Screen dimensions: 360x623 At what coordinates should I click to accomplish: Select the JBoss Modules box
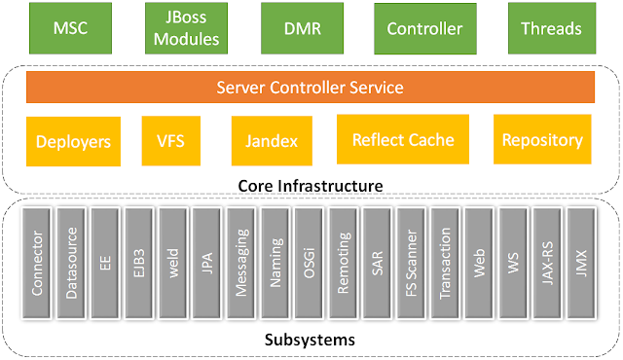[x=183, y=29]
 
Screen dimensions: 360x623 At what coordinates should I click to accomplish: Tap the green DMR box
[x=302, y=29]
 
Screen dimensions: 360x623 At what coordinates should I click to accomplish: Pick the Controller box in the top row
[x=424, y=29]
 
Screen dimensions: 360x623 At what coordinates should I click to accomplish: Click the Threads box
[x=550, y=29]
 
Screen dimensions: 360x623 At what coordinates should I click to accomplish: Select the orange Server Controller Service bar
[x=309, y=88]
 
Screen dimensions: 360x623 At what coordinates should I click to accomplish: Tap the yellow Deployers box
[x=73, y=141]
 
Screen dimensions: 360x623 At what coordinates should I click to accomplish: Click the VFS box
[x=169, y=141]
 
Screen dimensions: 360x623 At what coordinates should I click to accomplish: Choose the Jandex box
[x=265, y=141]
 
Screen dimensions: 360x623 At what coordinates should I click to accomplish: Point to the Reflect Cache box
[x=402, y=140]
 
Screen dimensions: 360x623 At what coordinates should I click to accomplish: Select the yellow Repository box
[x=542, y=140]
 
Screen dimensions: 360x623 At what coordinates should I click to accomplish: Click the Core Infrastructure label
[x=311, y=184]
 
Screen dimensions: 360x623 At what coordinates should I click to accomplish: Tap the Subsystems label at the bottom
[x=311, y=341]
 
